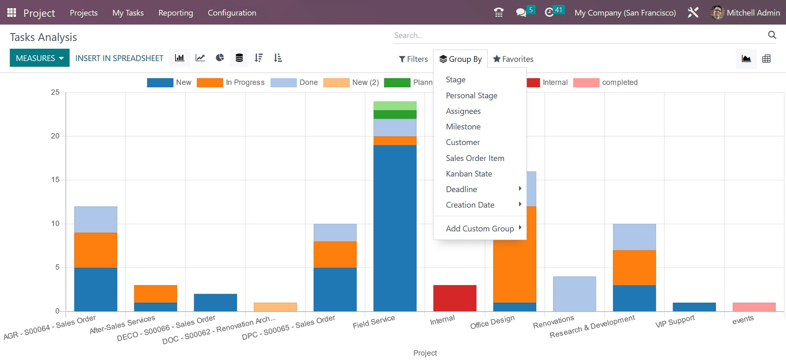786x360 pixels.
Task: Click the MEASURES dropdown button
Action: tap(40, 58)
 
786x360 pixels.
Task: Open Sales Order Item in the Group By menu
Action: tap(475, 158)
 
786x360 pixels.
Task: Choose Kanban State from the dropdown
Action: tap(469, 174)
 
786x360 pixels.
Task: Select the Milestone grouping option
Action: tap(463, 127)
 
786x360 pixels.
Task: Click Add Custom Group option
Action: tap(480, 229)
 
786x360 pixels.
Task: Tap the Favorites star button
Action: tap(513, 59)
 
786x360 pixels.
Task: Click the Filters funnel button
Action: tap(413, 59)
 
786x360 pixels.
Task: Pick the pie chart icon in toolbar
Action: tap(220, 58)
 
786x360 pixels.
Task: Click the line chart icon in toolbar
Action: tap(200, 58)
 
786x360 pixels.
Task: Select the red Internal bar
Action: tap(454, 298)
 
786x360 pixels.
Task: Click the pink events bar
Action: tap(754, 307)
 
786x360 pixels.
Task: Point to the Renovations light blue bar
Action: tap(574, 294)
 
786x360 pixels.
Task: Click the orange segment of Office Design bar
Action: tap(514, 266)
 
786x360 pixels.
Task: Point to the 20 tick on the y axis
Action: tap(55, 136)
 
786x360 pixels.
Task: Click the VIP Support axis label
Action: tap(675, 322)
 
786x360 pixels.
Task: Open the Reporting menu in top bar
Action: tap(176, 13)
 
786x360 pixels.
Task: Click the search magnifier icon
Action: tap(772, 35)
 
